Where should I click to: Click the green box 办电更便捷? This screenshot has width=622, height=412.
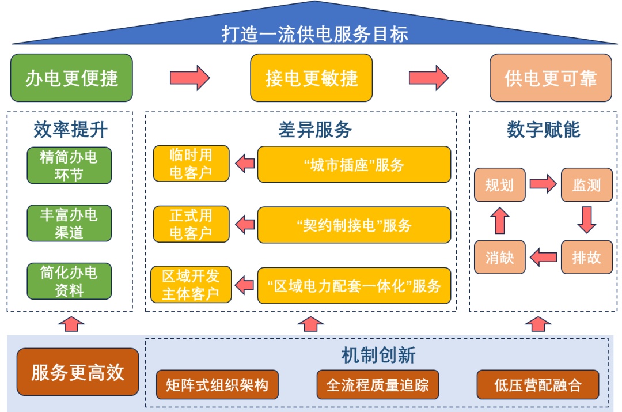pos(71,78)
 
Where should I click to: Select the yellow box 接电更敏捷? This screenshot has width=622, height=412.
pos(312,78)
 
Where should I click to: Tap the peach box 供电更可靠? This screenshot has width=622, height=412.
pos(551,78)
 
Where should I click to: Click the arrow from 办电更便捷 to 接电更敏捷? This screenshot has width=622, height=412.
pos(189,78)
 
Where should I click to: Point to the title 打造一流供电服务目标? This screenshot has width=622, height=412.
pos(314,34)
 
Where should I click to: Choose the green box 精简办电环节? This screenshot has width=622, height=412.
pos(69,165)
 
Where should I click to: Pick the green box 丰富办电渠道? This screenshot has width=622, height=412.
pos(69,223)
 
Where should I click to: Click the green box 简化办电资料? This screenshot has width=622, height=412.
pos(69,281)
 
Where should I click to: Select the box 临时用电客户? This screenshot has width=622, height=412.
pos(191,164)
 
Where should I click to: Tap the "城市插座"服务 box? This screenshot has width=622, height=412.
pos(354,164)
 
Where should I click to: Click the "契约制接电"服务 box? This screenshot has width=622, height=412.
pos(354,225)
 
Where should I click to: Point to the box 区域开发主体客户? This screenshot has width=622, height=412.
pos(191,285)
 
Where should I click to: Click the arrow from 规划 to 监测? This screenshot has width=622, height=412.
pos(543,183)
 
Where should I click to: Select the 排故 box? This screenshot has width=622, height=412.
pos(587,257)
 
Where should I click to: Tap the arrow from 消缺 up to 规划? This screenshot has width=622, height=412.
pos(500,220)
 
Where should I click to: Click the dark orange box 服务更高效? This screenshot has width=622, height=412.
pos(78,372)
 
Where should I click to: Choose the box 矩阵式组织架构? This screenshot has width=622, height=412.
pos(217,384)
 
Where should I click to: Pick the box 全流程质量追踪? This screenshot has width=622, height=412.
pos(378,384)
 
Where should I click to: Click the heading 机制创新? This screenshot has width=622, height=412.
pos(378,355)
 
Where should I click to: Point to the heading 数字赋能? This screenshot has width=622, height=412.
pos(544,130)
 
